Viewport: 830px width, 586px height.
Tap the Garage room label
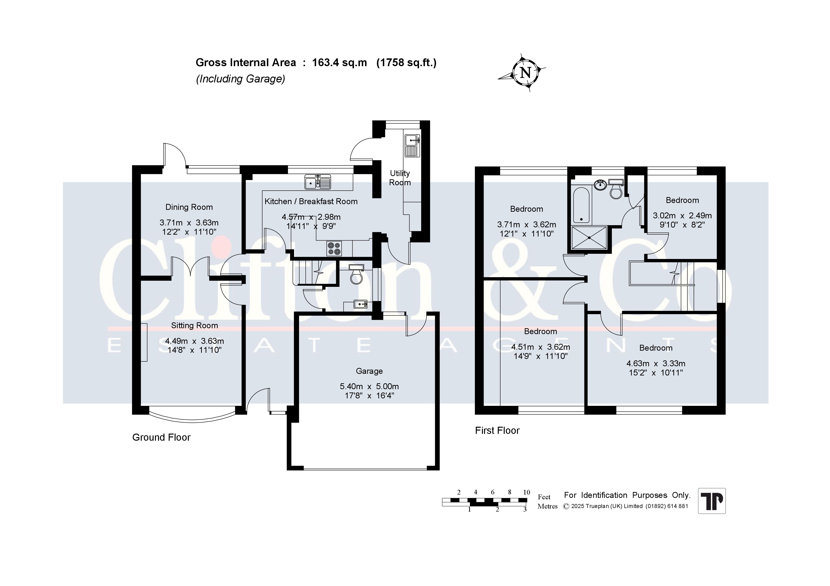coord(369,371)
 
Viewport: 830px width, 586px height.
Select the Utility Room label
coord(400,178)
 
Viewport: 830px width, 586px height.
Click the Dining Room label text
coord(189,207)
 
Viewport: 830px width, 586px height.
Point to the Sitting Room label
coord(194,326)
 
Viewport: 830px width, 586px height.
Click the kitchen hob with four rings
coord(334,248)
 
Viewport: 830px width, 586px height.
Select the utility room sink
coord(412,146)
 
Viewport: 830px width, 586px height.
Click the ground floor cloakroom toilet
coord(356,274)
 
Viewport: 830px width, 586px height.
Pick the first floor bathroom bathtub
coord(581,205)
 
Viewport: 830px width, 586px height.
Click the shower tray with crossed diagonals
coord(589,237)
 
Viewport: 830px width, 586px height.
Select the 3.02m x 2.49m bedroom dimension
coord(682,220)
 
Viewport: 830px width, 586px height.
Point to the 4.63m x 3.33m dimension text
coord(656,368)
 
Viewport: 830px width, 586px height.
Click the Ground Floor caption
coord(161,438)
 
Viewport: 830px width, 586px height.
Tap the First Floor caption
coord(497,431)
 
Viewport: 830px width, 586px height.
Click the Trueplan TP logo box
coord(712,501)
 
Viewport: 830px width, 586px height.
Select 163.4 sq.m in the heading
coord(340,63)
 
